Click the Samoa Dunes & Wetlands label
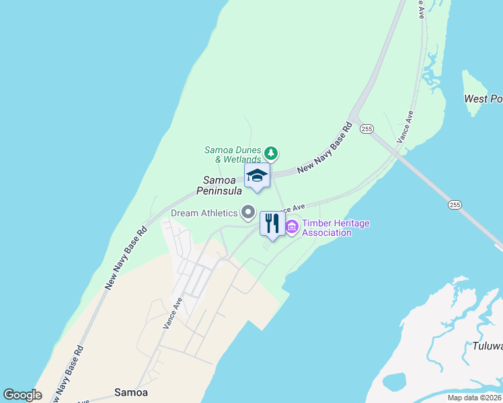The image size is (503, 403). (233, 154)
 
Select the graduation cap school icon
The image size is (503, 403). (257, 176)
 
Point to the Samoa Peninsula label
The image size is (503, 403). (219, 185)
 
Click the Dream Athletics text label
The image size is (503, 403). (204, 213)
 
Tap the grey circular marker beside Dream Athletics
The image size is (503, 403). (248, 213)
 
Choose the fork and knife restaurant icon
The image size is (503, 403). (272, 224)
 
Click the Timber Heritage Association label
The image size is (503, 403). (326, 228)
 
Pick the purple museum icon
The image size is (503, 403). (292, 228)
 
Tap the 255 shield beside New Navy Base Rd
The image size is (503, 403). (366, 128)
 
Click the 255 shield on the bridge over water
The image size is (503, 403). (455, 204)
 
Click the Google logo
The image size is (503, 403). (22, 395)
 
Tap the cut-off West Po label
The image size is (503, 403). (483, 99)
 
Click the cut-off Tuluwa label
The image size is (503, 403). (483, 346)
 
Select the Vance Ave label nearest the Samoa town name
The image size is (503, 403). (173, 312)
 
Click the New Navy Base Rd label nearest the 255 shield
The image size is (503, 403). (324, 148)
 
